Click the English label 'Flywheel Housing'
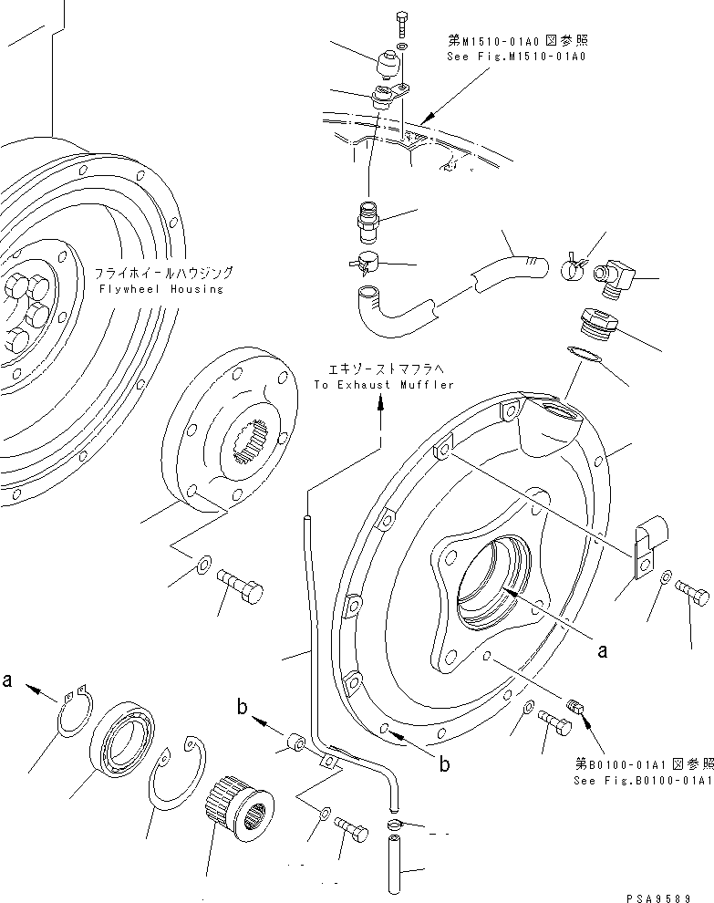[x=163, y=289]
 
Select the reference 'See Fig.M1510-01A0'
[x=515, y=56]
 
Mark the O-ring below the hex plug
[x=585, y=355]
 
